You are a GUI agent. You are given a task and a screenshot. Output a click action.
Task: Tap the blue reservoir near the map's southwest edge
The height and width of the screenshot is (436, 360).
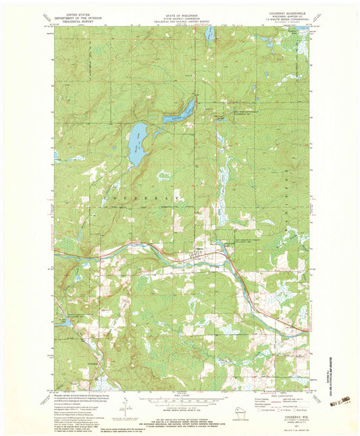click(65, 323)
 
